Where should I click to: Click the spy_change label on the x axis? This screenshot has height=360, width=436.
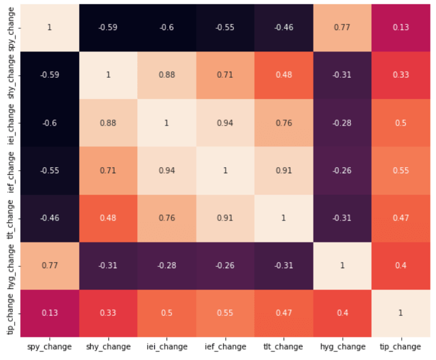click(x=50, y=347)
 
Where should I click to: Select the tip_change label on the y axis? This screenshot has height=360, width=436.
click(x=10, y=314)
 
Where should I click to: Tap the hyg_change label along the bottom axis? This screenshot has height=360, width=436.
click(x=342, y=347)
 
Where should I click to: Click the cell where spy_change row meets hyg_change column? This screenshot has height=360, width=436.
click(x=342, y=28)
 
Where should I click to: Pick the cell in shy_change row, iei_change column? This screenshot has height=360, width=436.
click(x=167, y=75)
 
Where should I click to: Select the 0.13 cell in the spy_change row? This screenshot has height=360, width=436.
click(x=401, y=28)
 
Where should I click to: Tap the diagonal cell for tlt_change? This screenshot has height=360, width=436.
click(x=284, y=218)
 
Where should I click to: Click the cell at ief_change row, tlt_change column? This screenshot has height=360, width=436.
click(x=284, y=171)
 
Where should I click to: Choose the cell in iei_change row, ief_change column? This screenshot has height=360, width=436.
click(x=225, y=123)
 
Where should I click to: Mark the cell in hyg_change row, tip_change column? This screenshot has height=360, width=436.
click(x=401, y=266)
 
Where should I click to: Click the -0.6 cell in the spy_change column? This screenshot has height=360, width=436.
click(x=50, y=123)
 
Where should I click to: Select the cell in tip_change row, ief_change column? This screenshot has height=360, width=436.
click(x=225, y=313)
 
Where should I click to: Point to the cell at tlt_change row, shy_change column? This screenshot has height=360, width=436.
click(x=108, y=218)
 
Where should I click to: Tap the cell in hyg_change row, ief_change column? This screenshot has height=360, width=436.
click(x=225, y=266)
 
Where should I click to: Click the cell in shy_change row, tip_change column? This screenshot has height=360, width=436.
click(x=401, y=75)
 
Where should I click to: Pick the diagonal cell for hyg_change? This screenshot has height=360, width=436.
click(x=342, y=266)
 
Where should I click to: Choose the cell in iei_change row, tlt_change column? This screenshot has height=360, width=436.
click(x=284, y=123)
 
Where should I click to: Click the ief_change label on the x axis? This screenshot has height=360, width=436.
click(x=225, y=347)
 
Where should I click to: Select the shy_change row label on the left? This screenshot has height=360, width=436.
click(x=10, y=77)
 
